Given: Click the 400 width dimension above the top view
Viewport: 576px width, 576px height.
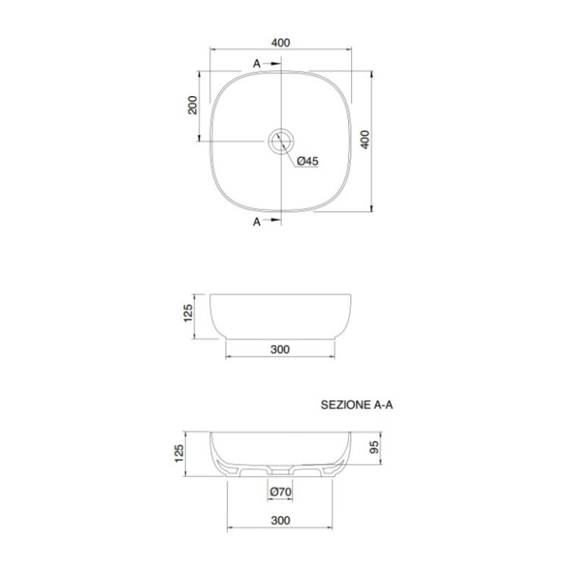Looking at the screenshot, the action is click(x=281, y=42).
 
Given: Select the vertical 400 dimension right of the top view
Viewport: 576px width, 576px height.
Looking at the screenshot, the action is click(x=365, y=139).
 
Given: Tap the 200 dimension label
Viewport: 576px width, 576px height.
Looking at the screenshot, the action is click(x=193, y=105).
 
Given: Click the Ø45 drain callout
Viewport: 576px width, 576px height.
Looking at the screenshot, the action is click(x=307, y=161).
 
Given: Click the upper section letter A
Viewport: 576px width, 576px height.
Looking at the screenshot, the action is click(x=257, y=64).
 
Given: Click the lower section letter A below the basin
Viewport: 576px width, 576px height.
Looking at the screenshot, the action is click(x=257, y=222).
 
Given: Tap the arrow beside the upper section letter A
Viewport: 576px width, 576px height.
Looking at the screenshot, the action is click(x=272, y=63).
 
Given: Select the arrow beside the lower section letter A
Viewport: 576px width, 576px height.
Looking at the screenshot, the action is click(x=272, y=220).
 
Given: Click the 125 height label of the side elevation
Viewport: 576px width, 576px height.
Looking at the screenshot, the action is click(x=188, y=313).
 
